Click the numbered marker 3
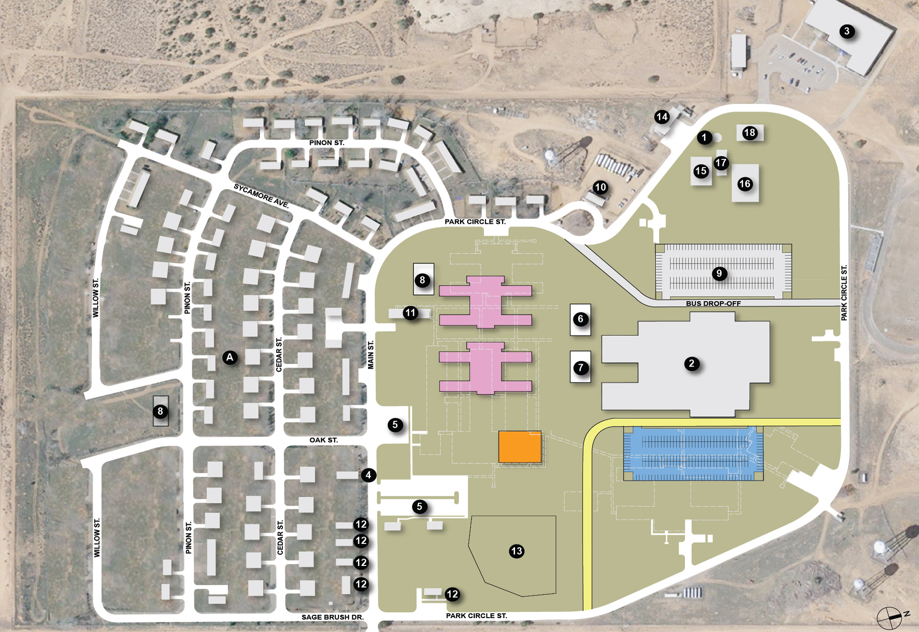click(x=847, y=32)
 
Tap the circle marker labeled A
click(x=230, y=357)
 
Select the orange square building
click(x=520, y=447)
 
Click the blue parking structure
click(x=693, y=453)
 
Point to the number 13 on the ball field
click(x=516, y=551)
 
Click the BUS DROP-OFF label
click(x=713, y=303)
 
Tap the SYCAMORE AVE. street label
click(x=261, y=196)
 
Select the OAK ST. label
click(x=324, y=440)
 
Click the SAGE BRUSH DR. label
click(x=332, y=617)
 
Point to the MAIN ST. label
click(x=370, y=355)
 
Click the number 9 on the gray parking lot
click(x=719, y=274)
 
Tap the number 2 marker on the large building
click(x=692, y=364)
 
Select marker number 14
click(x=662, y=117)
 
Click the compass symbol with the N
click(x=890, y=617)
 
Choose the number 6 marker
click(x=581, y=319)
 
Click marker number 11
click(x=410, y=313)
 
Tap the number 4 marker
click(x=368, y=475)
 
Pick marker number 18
click(x=750, y=133)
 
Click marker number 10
click(x=600, y=187)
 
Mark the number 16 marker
click(x=745, y=184)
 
